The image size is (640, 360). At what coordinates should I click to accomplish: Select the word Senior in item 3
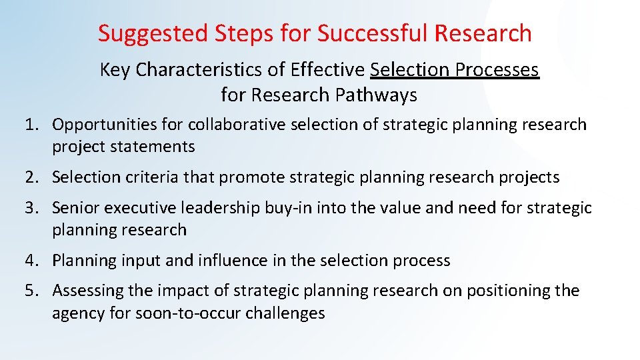(73, 208)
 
